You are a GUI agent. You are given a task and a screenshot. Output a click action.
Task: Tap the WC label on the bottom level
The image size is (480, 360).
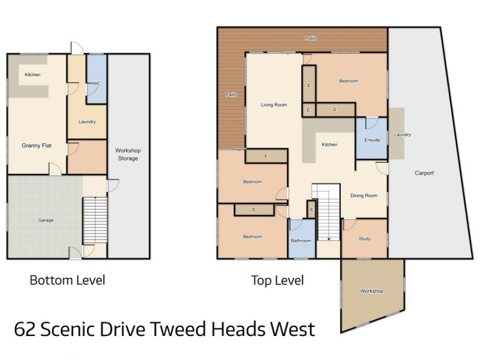(95, 83)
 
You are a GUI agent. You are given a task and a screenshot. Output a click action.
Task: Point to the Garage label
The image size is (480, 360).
(46, 220)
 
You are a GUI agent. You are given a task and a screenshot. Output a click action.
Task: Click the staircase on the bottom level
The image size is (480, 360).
(94, 219)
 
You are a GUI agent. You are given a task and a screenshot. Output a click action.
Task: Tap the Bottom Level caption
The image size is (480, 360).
(67, 280)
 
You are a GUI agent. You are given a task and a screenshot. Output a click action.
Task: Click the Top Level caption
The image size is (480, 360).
(277, 280)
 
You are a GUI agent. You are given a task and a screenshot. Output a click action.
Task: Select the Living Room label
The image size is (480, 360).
(274, 105)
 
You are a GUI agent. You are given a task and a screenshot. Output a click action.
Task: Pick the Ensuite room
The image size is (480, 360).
(372, 140)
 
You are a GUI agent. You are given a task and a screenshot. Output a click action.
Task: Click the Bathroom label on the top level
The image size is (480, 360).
(301, 241)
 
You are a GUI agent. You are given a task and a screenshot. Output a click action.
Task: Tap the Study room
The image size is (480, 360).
(364, 239)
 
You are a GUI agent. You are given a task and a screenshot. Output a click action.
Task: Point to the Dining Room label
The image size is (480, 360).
(364, 196)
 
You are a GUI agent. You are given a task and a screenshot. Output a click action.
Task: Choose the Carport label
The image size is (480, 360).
(424, 173)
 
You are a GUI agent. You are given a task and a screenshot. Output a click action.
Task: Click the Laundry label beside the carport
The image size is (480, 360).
(402, 135)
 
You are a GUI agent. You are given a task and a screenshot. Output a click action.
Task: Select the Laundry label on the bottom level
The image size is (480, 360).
(87, 122)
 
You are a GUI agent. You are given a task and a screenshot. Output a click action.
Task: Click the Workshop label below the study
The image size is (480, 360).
(371, 291)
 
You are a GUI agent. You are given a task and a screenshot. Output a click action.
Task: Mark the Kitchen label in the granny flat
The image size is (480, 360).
(32, 74)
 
